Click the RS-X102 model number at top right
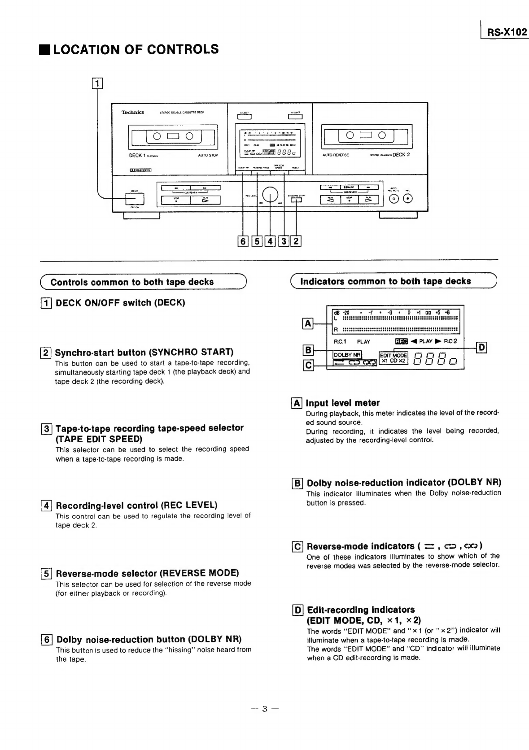tap(507, 32)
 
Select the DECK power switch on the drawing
tap(135, 198)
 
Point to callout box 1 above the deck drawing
tap(97, 83)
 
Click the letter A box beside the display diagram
tap(308, 323)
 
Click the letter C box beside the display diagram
tap(308, 365)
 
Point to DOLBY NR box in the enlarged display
tap(347, 355)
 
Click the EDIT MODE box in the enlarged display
tap(393, 355)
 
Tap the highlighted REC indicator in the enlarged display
tap(401, 341)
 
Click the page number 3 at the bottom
tap(265, 709)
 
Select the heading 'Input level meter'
tap(342, 403)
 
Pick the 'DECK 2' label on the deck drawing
tap(401, 155)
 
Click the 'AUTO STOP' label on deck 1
tap(208, 155)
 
